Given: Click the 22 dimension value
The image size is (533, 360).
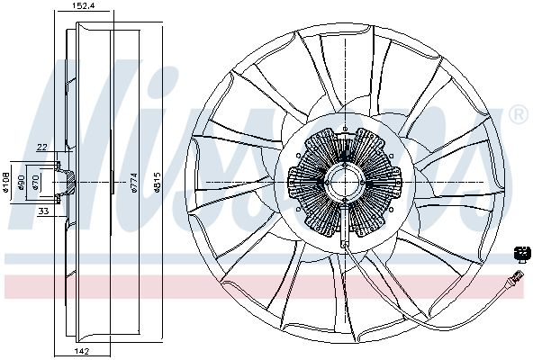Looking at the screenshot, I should pos(42,147).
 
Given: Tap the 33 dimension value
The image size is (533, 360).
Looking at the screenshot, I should pos(42,211).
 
